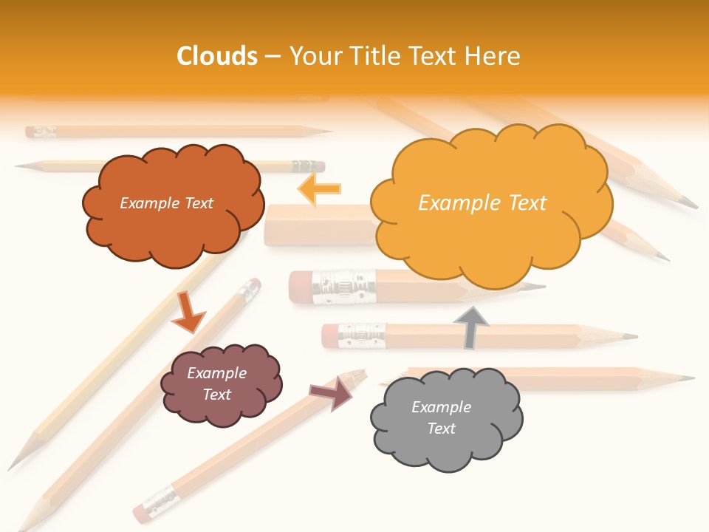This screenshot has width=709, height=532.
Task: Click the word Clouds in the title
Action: [x=217, y=56]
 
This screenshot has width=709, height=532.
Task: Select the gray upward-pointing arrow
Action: [x=470, y=327]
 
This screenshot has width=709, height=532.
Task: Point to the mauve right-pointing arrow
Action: [x=332, y=394]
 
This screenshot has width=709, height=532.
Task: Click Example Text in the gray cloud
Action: [x=441, y=417]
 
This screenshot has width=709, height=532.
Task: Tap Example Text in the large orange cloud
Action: [x=482, y=203]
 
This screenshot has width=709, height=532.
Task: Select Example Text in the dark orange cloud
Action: [x=166, y=203]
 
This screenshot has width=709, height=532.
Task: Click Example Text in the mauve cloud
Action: [x=216, y=383]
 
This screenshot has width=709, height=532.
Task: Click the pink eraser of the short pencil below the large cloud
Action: [x=300, y=287]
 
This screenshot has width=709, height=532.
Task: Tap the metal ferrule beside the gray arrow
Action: [x=362, y=335]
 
